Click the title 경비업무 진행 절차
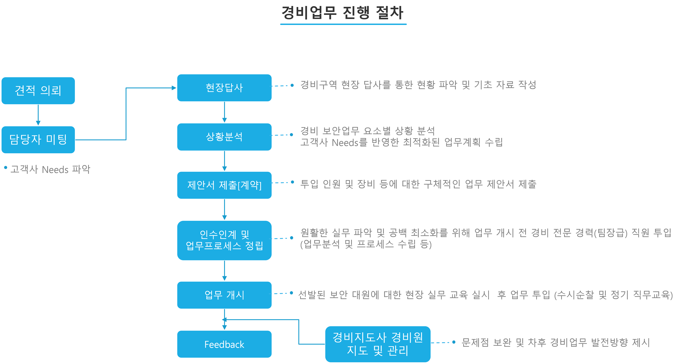(x=343, y=13)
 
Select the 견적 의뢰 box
(x=38, y=91)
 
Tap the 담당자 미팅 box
(x=38, y=140)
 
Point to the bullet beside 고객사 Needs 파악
(x=6, y=168)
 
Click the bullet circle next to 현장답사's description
(x=292, y=85)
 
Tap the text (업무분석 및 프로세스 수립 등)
(x=366, y=244)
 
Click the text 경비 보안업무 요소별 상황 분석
(x=368, y=131)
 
